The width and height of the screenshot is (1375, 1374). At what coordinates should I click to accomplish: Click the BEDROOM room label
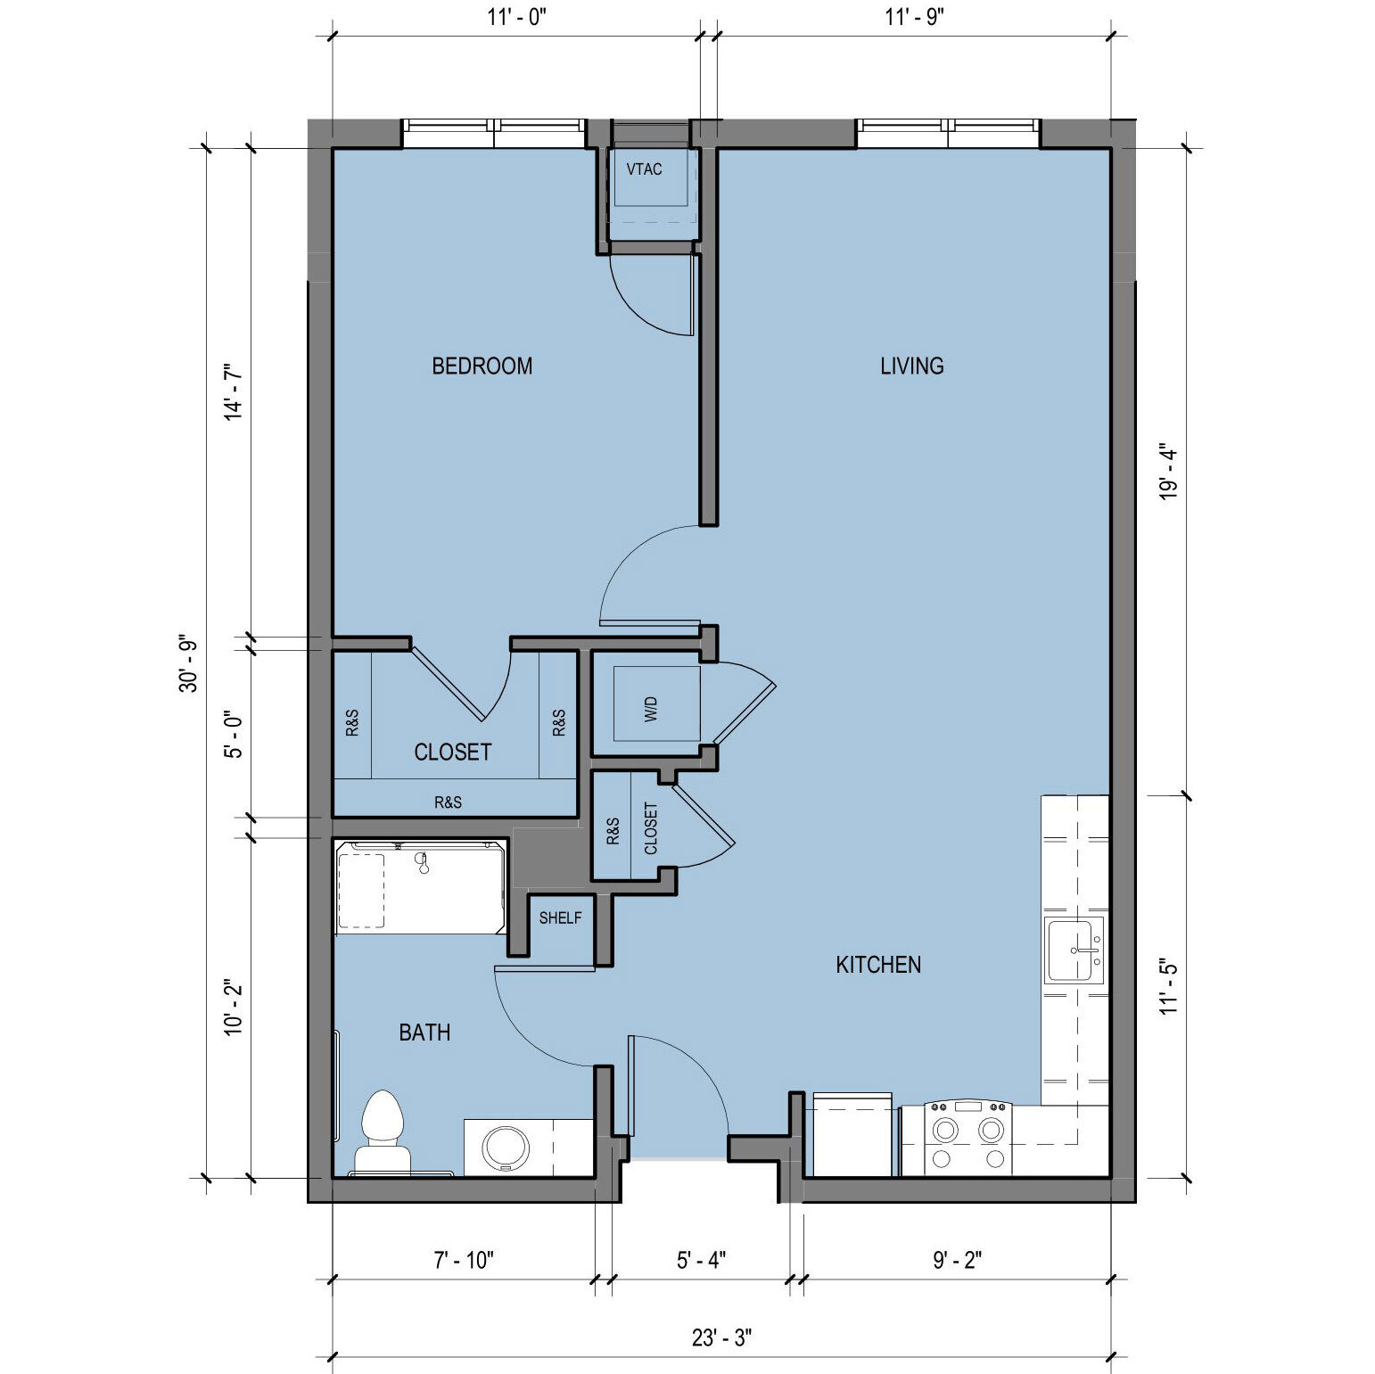pyautogui.click(x=482, y=366)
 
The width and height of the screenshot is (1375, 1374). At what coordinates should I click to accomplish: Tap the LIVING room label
pyautogui.click(x=911, y=366)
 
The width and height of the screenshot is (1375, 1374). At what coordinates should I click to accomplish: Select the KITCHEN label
pyautogui.click(x=878, y=964)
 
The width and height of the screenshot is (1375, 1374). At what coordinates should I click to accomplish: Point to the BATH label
pyautogui.click(x=424, y=1033)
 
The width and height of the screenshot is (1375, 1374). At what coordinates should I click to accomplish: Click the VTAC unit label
pyautogui.click(x=644, y=169)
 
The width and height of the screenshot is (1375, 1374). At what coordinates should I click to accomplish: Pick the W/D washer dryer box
pyautogui.click(x=657, y=703)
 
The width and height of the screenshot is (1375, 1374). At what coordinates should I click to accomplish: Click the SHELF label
pyautogui.click(x=560, y=917)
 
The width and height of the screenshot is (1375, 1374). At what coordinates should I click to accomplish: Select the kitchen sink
pyautogui.click(x=1074, y=950)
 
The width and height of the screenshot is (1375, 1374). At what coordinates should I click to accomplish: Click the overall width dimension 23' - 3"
pyautogui.click(x=722, y=1337)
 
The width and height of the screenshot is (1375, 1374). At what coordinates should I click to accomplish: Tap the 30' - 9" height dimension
pyautogui.click(x=189, y=664)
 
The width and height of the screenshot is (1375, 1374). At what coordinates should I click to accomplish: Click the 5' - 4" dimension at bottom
pyautogui.click(x=702, y=1260)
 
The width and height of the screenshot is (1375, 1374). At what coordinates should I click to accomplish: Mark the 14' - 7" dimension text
pyautogui.click(x=234, y=391)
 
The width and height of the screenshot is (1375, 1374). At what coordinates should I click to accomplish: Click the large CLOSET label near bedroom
pyautogui.click(x=453, y=752)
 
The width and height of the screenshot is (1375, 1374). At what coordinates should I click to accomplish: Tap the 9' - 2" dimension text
pyautogui.click(x=958, y=1260)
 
